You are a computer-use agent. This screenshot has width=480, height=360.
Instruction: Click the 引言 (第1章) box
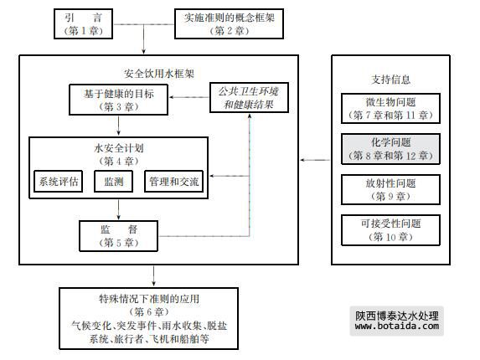(x=83, y=23)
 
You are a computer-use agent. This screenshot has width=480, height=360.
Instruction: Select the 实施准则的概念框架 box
(x=229, y=23)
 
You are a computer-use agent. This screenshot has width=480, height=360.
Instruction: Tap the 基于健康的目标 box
(x=118, y=100)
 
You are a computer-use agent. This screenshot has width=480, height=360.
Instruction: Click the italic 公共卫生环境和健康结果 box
(x=249, y=98)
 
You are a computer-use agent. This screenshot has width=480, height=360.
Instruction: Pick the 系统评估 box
(x=58, y=182)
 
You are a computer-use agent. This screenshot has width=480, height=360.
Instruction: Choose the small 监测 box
(x=114, y=182)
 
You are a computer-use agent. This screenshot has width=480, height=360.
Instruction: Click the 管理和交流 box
(x=174, y=182)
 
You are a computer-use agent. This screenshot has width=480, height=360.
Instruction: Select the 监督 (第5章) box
(x=118, y=236)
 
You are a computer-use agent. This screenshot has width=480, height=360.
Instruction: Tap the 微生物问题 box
(x=390, y=109)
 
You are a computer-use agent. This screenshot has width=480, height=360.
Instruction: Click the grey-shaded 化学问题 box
(x=390, y=149)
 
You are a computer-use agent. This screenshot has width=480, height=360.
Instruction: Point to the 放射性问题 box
(x=390, y=190)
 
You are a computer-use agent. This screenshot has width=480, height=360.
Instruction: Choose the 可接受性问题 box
(x=390, y=230)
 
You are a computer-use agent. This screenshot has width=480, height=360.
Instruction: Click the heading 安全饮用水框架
(x=159, y=74)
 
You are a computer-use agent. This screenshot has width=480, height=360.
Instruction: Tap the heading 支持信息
(x=390, y=80)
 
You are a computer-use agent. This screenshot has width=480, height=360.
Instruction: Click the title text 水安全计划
(x=118, y=148)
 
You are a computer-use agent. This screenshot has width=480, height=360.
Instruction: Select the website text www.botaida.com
(x=397, y=326)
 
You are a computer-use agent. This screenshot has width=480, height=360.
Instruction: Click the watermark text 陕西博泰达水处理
(x=397, y=316)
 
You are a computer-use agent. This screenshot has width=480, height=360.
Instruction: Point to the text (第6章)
(x=149, y=312)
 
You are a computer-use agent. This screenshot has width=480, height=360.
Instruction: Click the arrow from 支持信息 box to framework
(x=315, y=160)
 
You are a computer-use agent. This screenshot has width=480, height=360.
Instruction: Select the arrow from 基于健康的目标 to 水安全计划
(x=118, y=126)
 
